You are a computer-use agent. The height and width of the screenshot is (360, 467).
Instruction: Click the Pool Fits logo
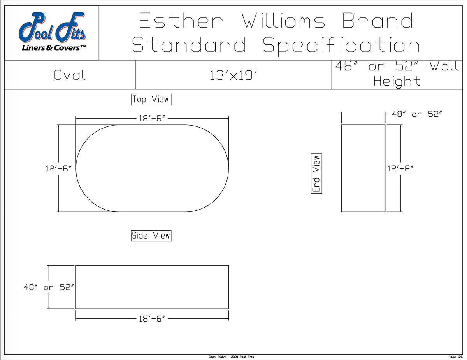53,31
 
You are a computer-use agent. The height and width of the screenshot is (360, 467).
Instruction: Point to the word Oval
70,75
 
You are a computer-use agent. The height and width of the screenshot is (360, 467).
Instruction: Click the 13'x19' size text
233,75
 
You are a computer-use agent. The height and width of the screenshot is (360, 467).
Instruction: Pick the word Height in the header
397,82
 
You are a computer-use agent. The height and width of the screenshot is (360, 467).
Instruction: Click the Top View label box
151,100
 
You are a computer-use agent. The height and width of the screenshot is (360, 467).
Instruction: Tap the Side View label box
151,236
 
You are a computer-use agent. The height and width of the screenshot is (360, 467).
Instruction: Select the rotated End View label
316,173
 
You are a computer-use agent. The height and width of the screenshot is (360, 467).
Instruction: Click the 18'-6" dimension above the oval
152,118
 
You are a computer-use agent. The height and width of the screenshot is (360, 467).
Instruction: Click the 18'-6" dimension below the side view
152,319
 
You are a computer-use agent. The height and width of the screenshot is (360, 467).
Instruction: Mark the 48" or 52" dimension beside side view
49,287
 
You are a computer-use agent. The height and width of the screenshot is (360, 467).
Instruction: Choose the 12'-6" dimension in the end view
400,168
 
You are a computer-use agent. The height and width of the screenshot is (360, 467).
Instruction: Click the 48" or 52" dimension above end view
417,114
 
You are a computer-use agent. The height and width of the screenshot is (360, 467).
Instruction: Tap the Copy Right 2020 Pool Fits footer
231,357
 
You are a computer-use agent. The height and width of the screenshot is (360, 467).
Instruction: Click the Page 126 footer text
455,357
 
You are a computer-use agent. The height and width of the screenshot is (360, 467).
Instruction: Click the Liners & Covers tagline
54,48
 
